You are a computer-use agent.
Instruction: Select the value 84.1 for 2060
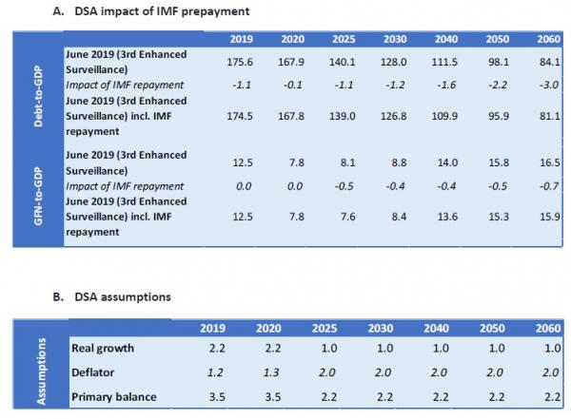pos(545,62)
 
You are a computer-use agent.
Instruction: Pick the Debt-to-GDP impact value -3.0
pos(545,86)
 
